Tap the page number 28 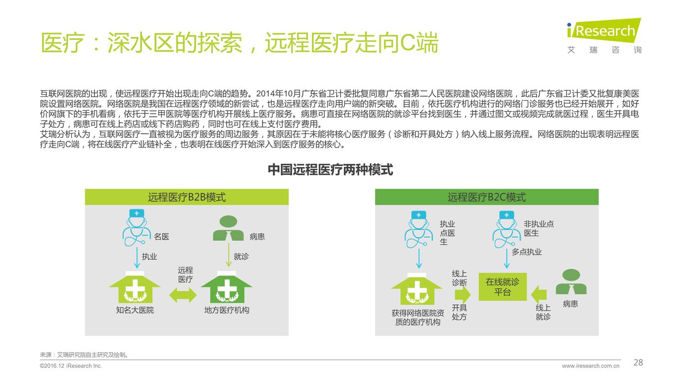(x=638, y=362)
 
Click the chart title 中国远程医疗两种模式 (x=330, y=170)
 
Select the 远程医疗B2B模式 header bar (x=187, y=197)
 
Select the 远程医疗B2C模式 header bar (x=486, y=197)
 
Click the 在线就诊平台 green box (x=502, y=287)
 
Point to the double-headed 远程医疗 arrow (x=183, y=295)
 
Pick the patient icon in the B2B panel (x=228, y=229)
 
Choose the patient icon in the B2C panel (x=571, y=282)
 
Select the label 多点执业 (x=526, y=252)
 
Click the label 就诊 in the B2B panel (x=241, y=257)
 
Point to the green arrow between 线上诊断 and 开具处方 (x=462, y=295)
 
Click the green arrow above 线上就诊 (x=539, y=294)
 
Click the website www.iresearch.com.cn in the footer (x=590, y=366)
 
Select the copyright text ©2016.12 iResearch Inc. (x=71, y=366)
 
